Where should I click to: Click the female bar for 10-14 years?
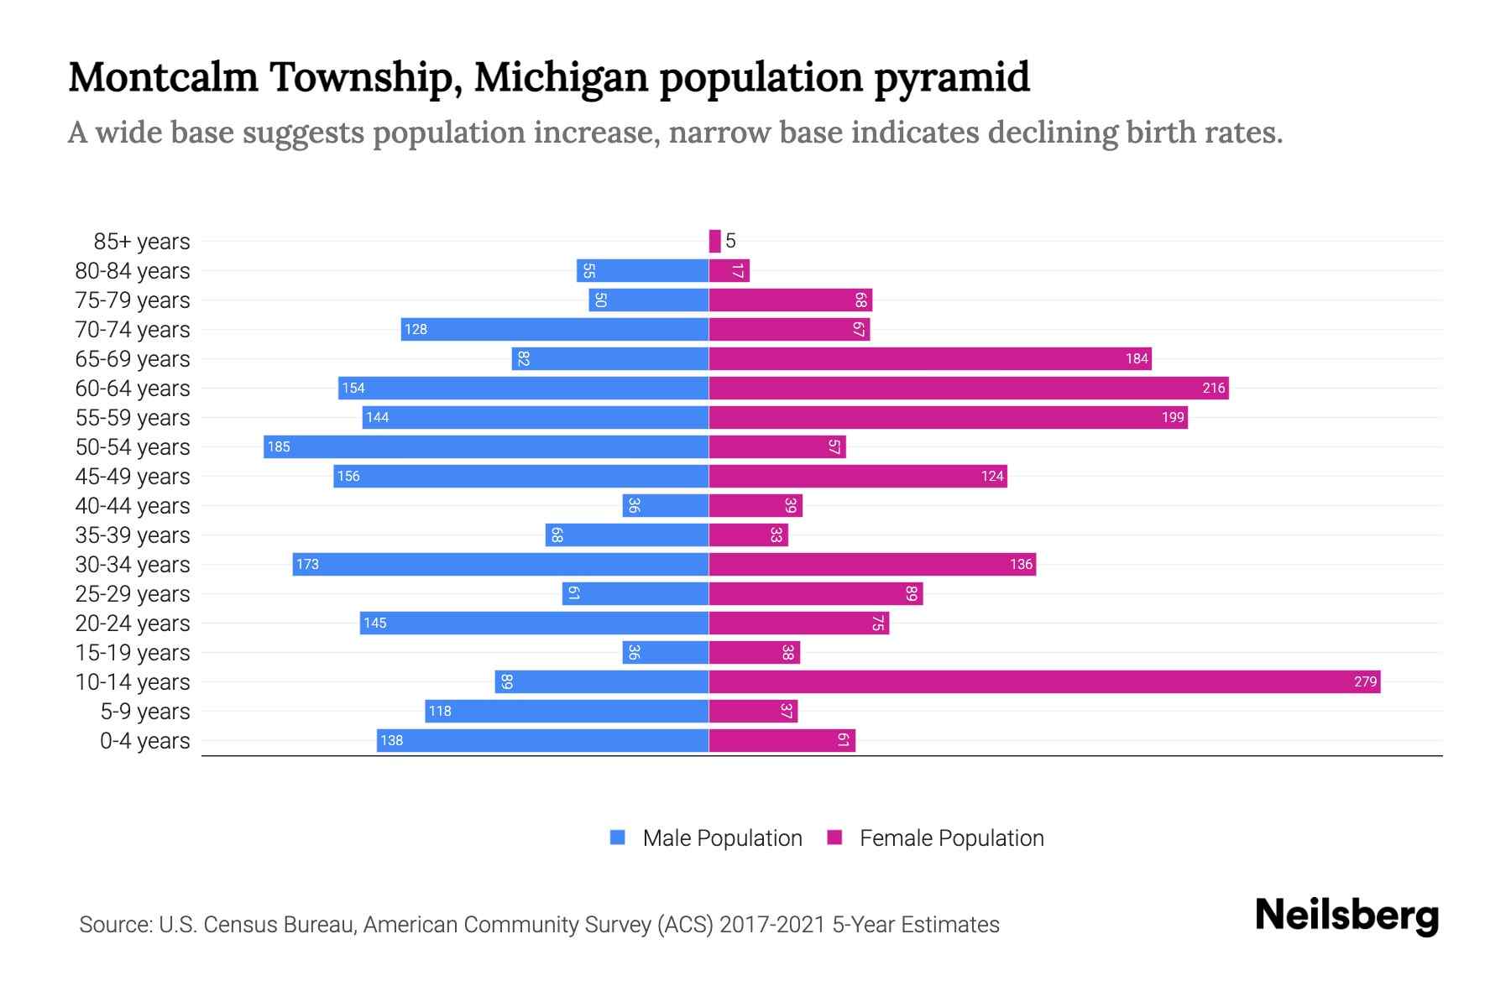[1044, 681]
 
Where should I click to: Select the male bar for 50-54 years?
[486, 446]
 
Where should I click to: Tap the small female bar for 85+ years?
[714, 241]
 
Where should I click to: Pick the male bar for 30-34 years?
[500, 564]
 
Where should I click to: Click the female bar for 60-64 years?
[969, 388]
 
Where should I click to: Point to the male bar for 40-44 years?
[666, 505]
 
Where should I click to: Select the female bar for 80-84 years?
[729, 270]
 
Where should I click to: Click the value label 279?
[1365, 681]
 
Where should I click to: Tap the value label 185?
[279, 446]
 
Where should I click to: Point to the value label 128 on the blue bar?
[416, 329]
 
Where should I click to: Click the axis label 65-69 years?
[133, 358]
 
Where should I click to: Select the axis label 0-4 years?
[144, 740]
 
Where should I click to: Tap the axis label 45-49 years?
[133, 476]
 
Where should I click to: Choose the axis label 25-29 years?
[133, 593]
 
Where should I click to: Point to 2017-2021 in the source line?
[772, 924]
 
